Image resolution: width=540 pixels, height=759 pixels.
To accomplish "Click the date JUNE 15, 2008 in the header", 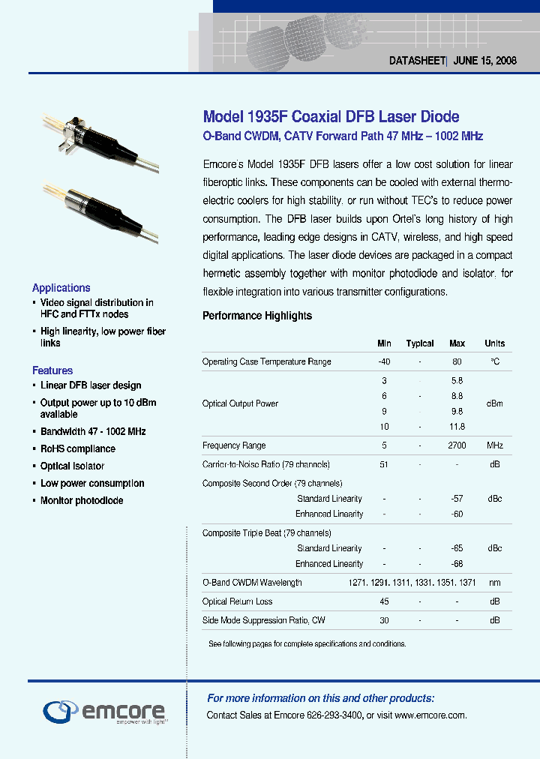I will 485,61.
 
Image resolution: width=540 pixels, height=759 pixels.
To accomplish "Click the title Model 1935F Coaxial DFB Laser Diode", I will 331,117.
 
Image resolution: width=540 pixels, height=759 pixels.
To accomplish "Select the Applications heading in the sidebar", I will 61,288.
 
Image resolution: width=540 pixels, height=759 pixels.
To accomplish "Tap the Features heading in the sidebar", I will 52,370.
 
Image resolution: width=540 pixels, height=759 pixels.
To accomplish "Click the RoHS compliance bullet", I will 78,449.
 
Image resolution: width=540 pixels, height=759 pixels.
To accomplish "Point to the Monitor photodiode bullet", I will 82,501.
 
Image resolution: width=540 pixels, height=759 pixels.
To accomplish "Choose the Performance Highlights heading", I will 257,316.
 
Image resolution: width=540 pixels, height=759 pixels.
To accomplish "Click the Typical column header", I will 420,343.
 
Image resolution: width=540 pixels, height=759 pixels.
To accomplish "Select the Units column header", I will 494,343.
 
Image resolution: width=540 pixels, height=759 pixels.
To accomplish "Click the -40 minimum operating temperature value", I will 384,361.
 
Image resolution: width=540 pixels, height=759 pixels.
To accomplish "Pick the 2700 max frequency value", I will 457,445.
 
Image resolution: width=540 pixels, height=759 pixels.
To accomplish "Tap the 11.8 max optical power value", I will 457,427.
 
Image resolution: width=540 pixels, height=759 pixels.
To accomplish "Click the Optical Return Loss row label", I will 237,601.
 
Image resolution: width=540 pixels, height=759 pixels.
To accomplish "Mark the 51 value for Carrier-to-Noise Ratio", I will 384,465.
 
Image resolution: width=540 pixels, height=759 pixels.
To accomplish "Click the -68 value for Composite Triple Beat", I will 457,564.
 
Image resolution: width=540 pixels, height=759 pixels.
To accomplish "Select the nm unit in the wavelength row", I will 494,583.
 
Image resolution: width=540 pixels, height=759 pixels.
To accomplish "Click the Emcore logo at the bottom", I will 104,710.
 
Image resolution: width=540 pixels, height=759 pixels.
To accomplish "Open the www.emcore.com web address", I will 430,715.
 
